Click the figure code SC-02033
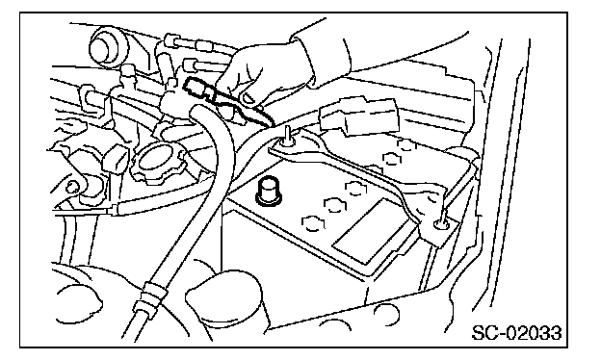(x=516, y=333)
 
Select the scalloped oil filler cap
(x=158, y=164)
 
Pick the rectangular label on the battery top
(x=374, y=233)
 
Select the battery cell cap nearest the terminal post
(x=313, y=223)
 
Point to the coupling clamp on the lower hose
(x=152, y=294)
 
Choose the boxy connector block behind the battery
(x=358, y=116)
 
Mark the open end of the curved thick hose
(x=196, y=114)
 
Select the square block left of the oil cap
(x=117, y=161)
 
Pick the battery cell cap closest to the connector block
(x=405, y=145)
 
